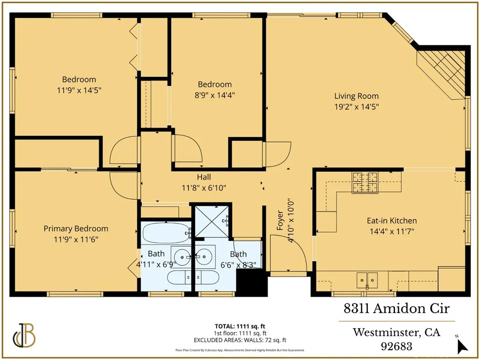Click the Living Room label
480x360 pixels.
[356, 96]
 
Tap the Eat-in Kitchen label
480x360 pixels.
[391, 220]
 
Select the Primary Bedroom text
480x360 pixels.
[76, 229]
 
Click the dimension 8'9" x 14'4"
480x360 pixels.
[215, 95]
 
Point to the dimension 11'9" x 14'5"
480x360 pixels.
[79, 90]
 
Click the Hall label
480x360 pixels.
[204, 177]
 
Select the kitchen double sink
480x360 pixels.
[367, 280]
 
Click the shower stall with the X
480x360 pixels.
[212, 220]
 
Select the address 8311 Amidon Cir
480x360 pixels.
[396, 309]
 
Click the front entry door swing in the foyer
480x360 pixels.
[288, 253]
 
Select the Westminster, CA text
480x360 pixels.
[396, 333]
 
